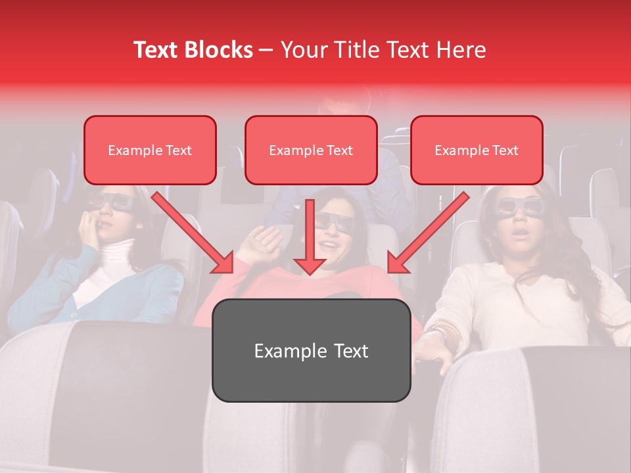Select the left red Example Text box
(x=150, y=150)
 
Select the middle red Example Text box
(x=311, y=150)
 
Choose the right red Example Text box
(x=477, y=150)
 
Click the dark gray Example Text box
(x=311, y=350)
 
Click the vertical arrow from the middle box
(x=310, y=236)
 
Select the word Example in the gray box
(x=285, y=350)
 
